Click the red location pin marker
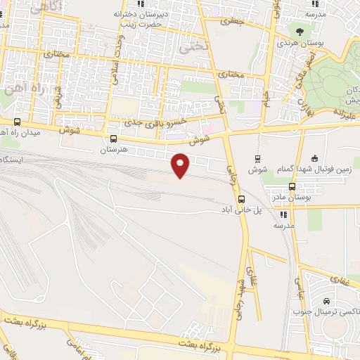pos(181,165)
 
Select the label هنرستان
pos(114,150)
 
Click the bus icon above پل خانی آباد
pos(241,199)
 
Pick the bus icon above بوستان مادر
pos(292,186)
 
